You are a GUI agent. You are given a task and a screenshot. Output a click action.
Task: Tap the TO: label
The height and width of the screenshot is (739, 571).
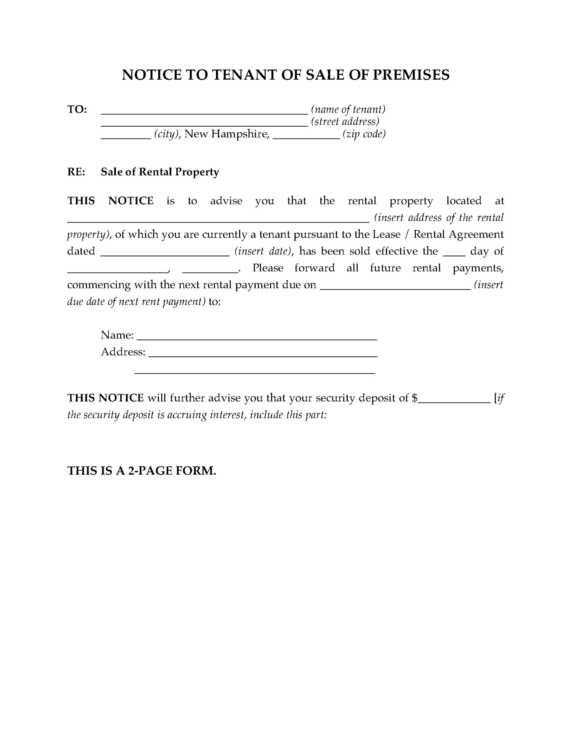coord(77,109)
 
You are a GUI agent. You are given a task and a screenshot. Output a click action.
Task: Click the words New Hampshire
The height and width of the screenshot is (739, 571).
coord(226,134)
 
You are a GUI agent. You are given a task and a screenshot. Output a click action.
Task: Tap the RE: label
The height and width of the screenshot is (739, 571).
coord(76,172)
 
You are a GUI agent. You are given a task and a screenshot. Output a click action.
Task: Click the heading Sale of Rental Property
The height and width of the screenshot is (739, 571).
coord(160,172)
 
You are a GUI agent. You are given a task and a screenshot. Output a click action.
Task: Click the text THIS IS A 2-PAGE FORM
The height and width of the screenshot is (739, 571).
coord(142,470)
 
